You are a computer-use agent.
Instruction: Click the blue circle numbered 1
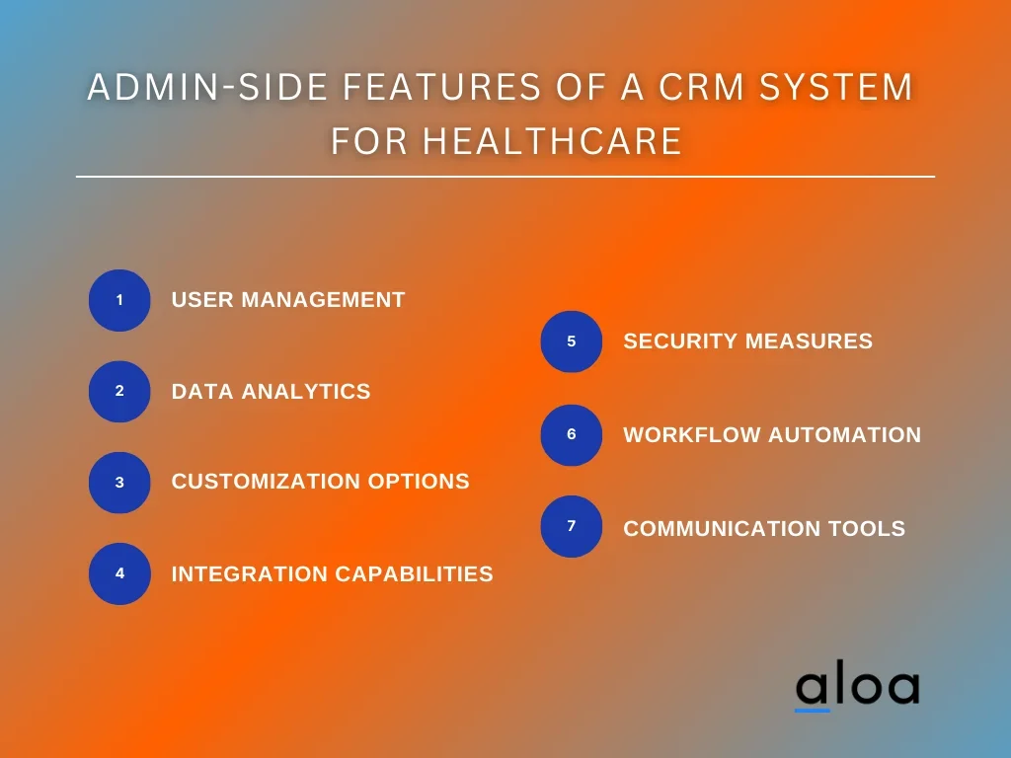pos(119,300)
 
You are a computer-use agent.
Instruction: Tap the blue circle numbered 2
pos(119,391)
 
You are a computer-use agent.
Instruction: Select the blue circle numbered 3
pos(119,482)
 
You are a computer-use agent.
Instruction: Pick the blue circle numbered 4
pos(119,573)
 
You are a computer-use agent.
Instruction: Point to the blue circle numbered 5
pos(572,341)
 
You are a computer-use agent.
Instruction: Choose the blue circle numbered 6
pos(572,435)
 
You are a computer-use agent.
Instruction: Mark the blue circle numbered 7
pos(572,526)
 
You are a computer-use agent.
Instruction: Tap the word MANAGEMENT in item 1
pos(323,300)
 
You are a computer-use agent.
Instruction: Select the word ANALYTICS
pos(306,391)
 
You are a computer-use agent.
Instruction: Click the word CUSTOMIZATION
pos(267,482)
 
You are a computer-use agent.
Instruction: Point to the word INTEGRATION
pos(249,573)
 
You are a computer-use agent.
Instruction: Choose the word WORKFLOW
pos(692,435)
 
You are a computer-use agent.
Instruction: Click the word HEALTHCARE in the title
pos(552,141)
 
